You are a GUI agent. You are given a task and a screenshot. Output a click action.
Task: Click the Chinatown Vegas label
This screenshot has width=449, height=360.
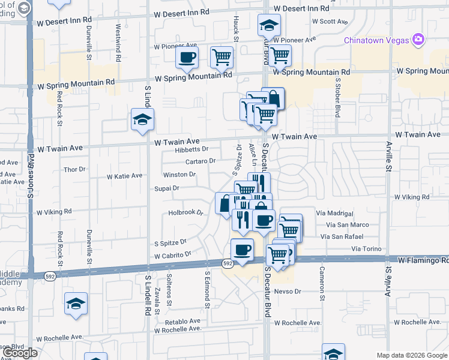pyautogui.click(x=376, y=40)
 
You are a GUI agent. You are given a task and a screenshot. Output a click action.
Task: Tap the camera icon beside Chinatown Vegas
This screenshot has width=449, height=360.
pyautogui.click(x=418, y=40)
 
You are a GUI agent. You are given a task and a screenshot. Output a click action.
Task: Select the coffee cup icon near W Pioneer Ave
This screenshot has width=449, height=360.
pyautogui.click(x=187, y=58)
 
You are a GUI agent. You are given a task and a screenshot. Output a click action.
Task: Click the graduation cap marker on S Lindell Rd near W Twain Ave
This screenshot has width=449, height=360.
pyautogui.click(x=142, y=120)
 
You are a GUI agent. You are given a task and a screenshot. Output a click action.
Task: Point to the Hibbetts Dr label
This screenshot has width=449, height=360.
pyautogui.click(x=191, y=149)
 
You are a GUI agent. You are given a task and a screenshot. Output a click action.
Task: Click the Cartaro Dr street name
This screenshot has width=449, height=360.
pyautogui.click(x=200, y=161)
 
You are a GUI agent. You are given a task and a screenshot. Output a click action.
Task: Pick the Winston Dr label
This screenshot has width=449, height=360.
pyautogui.click(x=180, y=175)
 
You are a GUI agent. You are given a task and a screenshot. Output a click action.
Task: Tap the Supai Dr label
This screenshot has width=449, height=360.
pyautogui.click(x=167, y=188)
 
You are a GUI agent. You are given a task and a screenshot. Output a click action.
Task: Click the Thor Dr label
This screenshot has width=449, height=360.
pyautogui.click(x=74, y=170)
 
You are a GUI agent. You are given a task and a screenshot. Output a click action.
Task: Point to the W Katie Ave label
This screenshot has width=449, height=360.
pyautogui.click(x=124, y=176)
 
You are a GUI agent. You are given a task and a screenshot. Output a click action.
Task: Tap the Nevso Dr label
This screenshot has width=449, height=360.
pyautogui.click(x=287, y=291)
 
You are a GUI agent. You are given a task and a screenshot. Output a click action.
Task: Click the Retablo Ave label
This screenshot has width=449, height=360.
pyautogui.click(x=185, y=321)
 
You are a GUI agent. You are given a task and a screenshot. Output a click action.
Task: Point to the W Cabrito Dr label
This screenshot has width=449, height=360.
pyautogui.click(x=172, y=255)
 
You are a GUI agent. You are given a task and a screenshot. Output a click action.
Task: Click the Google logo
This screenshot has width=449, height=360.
pyautogui.click(x=20, y=353)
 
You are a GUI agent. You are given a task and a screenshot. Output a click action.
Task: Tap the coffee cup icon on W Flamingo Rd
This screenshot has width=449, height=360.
pyautogui.click(x=242, y=250)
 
